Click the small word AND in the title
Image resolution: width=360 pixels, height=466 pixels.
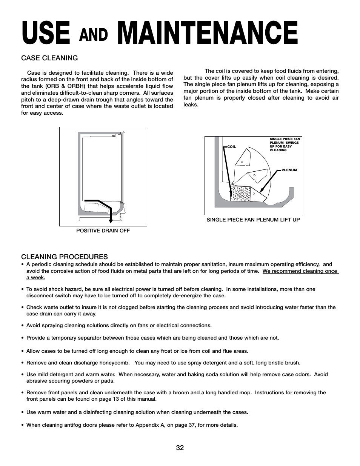click(94, 35)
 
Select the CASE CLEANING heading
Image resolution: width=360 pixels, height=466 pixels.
click(49, 58)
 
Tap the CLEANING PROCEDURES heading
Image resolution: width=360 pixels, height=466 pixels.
click(65, 257)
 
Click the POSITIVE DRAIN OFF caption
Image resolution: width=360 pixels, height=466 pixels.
click(103, 231)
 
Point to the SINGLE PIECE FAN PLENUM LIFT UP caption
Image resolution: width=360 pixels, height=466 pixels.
click(253, 220)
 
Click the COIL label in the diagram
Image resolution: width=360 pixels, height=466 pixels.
click(231, 147)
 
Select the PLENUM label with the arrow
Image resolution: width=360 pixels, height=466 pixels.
click(289, 170)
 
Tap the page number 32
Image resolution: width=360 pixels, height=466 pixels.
click(180, 448)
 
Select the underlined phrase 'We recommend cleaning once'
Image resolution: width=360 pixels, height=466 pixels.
click(300, 271)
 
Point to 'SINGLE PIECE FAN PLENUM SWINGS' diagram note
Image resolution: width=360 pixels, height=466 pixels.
click(285, 141)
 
